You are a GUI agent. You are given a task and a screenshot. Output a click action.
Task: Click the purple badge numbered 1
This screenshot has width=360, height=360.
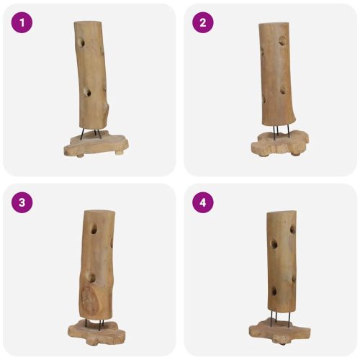[22, 22]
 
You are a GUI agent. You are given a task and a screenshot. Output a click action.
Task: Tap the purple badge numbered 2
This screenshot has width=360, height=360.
[203, 22]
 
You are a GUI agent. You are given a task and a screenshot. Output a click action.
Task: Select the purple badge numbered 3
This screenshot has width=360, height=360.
[22, 202]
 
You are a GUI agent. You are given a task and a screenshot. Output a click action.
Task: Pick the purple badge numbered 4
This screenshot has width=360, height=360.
[203, 202]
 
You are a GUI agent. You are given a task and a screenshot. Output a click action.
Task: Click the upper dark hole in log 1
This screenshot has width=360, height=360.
[82, 42]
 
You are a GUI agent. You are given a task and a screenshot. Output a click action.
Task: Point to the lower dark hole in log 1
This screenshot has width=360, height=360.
[87, 92]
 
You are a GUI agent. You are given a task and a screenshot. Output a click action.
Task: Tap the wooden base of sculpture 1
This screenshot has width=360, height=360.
[96, 144]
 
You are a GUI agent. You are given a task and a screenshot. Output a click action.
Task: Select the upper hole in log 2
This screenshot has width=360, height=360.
[282, 41]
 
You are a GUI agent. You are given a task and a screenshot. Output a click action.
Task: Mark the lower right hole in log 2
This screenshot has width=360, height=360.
[283, 90]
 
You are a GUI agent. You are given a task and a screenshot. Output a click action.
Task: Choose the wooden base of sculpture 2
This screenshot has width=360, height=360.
[279, 143]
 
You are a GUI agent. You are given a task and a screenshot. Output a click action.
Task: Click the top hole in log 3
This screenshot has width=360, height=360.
[94, 230]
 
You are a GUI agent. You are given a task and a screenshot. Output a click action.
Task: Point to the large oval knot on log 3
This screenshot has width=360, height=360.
[89, 300]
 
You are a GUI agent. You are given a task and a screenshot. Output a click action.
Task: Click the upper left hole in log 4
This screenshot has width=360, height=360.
[274, 244]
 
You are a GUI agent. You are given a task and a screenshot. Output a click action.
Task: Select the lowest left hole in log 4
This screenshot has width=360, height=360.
[274, 291]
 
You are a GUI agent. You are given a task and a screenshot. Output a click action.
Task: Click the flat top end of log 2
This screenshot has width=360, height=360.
[274, 24]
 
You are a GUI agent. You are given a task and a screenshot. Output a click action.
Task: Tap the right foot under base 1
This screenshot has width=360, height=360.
[117, 152]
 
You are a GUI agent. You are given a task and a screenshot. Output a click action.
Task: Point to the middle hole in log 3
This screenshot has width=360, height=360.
[91, 278]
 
